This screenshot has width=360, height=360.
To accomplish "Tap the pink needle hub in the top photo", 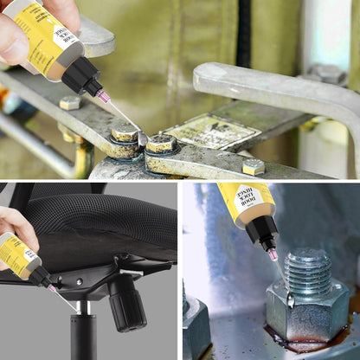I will (104, 97).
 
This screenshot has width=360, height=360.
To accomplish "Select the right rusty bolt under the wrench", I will (161, 144).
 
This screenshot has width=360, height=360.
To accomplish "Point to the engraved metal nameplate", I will (211, 132).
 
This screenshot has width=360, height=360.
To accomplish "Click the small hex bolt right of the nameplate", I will (253, 166).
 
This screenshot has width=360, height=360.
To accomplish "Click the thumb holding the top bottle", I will (12, 38).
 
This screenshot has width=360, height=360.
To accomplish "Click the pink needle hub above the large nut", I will (272, 254).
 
